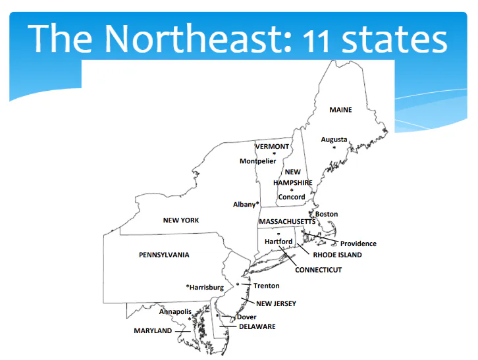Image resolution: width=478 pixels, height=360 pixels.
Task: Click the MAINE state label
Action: click(340, 110)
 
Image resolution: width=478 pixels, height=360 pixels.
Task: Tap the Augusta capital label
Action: click(334, 140)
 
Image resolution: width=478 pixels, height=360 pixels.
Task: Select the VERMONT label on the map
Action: click(272, 146)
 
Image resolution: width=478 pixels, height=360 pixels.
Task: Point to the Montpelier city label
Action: click(257, 161)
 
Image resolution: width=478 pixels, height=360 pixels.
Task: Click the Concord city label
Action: click(292, 197)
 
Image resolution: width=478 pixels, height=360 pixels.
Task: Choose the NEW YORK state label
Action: click(181, 220)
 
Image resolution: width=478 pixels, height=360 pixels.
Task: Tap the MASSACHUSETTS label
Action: click(287, 222)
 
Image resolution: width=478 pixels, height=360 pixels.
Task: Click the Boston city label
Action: click(327, 214)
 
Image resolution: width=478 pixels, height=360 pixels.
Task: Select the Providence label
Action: click(358, 244)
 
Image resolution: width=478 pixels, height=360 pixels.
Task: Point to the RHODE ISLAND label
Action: click(337, 255)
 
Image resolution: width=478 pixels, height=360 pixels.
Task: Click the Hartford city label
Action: click(278, 242)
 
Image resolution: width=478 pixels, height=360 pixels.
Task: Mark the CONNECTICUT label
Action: click(318, 270)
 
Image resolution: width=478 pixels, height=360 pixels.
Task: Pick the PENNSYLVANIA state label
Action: click(164, 255)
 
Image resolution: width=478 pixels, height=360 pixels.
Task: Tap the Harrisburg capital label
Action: click(205, 288)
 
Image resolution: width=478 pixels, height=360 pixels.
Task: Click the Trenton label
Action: click(267, 286)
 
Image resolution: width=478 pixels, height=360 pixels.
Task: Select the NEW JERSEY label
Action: click(276, 303)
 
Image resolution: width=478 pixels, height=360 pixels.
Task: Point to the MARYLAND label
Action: click(153, 330)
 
